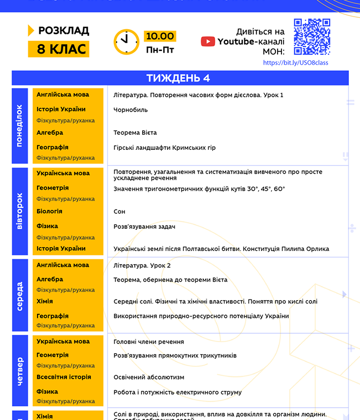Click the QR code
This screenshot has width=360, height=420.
pos(312,37)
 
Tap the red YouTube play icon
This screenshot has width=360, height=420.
pos(208,41)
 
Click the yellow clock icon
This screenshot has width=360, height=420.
pos(127,41)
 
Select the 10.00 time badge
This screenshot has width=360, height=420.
pos(160,36)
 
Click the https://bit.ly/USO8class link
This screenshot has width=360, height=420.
pos(295,63)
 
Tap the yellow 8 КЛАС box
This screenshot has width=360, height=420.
pos(59,49)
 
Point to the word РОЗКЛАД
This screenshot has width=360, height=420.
pos(64,31)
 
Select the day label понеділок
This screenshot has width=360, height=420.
pos(19,125)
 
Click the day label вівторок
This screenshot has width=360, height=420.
pos(19,211)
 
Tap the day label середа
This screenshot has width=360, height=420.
pos(19,296)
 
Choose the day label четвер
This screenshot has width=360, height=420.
pos(19,372)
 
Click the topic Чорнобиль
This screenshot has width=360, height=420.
pos(131,110)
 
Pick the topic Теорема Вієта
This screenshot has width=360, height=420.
pos(135,133)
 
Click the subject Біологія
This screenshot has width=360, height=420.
pos(49,211)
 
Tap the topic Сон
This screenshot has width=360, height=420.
pos(119,212)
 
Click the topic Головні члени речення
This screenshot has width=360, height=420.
pos(149,342)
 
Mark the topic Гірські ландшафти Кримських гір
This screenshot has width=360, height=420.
pos(164,148)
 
